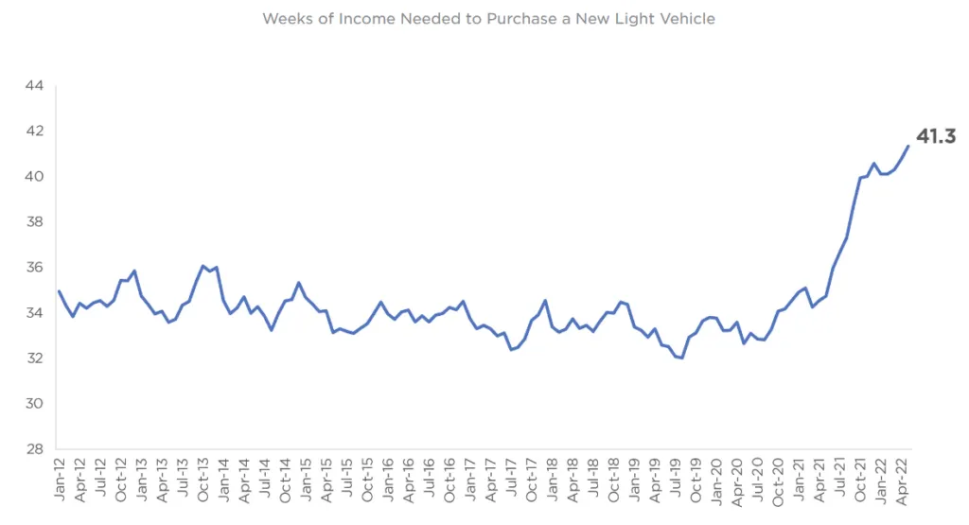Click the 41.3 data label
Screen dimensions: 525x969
pos(935,137)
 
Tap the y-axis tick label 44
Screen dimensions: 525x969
pos(34,86)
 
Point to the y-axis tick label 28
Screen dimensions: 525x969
pos(34,449)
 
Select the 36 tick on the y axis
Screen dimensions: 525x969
pos(34,268)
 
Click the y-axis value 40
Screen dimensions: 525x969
pos(34,177)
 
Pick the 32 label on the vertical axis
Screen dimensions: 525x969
pos(34,359)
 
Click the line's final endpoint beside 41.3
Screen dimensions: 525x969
pos(908,146)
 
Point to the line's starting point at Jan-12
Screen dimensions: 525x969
pos(59,291)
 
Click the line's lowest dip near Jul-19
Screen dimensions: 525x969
pos(681,359)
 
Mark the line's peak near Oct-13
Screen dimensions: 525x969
pos(203,266)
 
